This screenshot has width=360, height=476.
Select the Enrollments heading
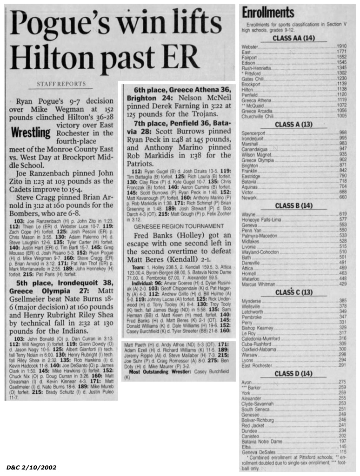(x=268, y=13)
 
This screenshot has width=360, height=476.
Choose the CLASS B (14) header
(x=293, y=205)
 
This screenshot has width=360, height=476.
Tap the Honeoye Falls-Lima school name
(x=260, y=219)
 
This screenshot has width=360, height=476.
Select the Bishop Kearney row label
(x=257, y=328)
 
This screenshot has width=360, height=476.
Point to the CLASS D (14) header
(x=293, y=373)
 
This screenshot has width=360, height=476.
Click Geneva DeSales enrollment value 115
(x=343, y=451)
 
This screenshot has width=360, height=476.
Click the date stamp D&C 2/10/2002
(x=32, y=467)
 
